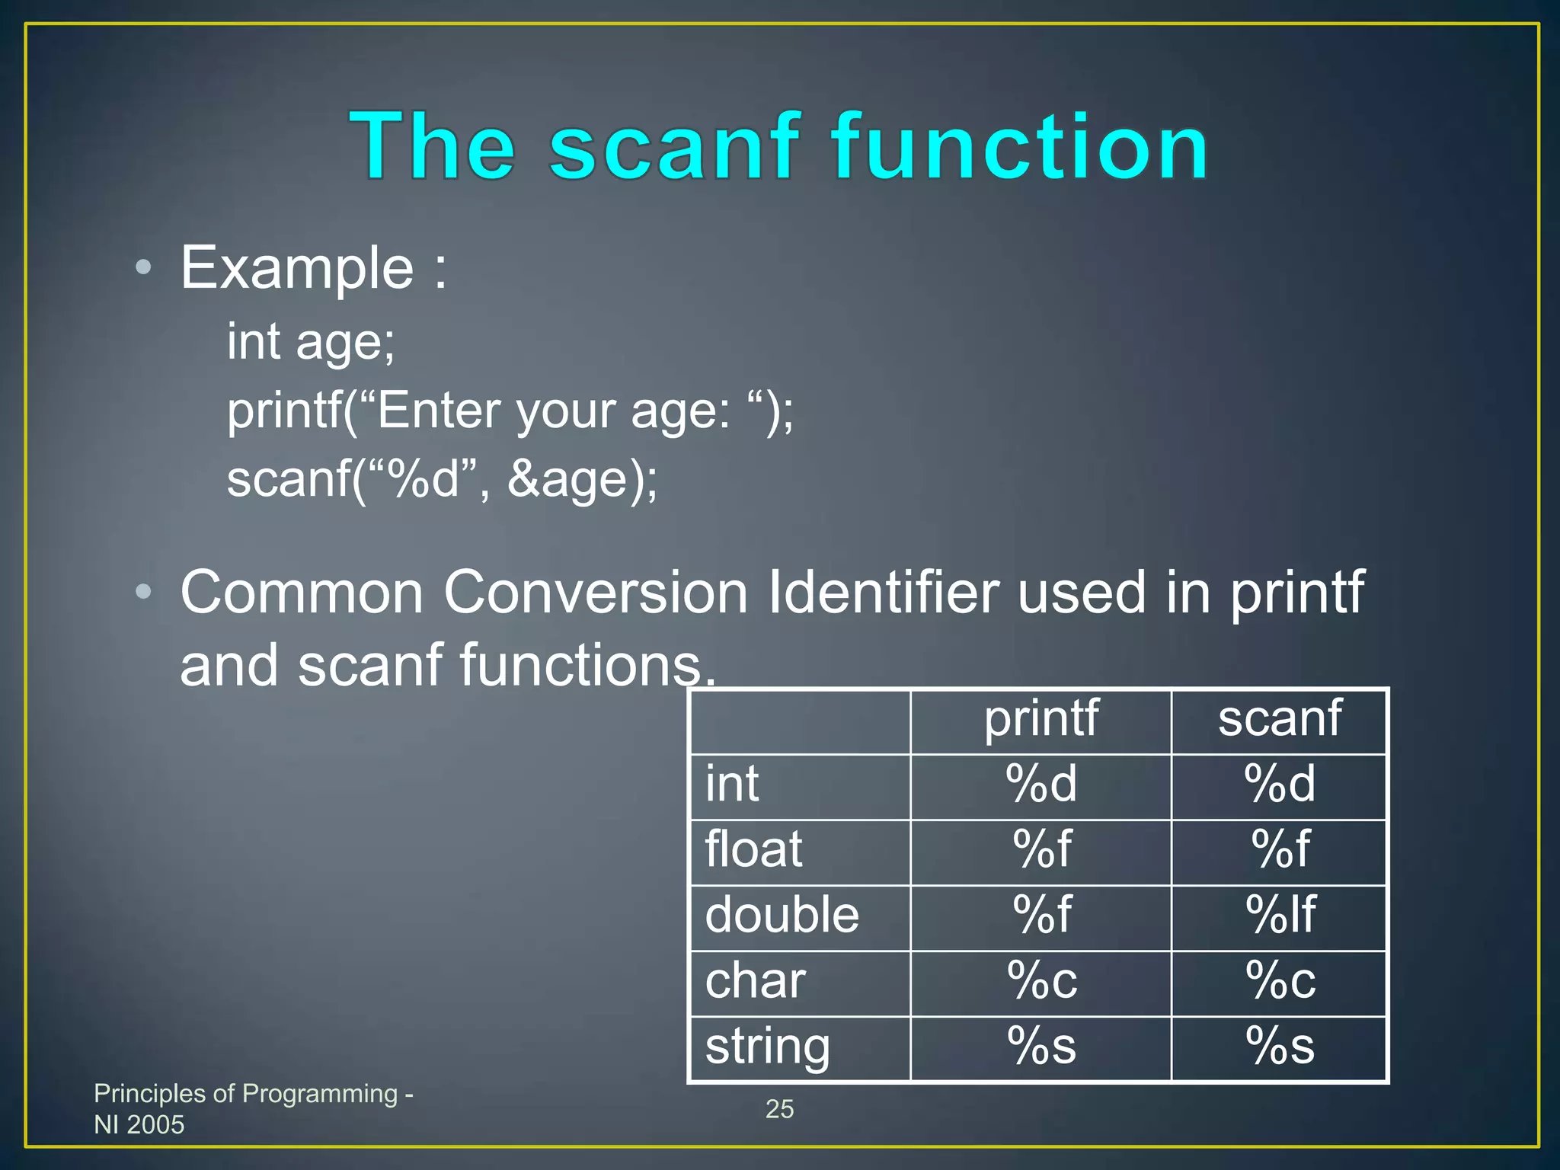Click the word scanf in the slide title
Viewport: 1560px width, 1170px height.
tap(674, 146)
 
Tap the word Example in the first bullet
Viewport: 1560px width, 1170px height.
tap(297, 268)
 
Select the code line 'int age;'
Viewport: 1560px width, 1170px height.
tap(311, 341)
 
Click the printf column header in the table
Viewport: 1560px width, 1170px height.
tap(1041, 718)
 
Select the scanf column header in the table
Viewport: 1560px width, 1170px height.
tap(1279, 718)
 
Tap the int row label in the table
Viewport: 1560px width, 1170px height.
tap(732, 784)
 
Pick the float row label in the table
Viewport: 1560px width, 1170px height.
tap(753, 849)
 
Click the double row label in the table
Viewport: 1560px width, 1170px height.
tap(782, 915)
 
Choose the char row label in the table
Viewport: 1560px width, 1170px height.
tap(755, 980)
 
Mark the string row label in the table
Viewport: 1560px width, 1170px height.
tap(767, 1047)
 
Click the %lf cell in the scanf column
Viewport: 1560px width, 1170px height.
tap(1280, 915)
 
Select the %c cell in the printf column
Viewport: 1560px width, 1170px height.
tap(1041, 980)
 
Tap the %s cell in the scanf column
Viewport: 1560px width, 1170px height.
tap(1280, 1046)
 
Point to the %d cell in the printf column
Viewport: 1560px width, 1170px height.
tap(1041, 784)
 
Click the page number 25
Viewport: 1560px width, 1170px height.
tap(779, 1109)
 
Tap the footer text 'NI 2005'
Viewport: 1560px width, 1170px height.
tap(139, 1124)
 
